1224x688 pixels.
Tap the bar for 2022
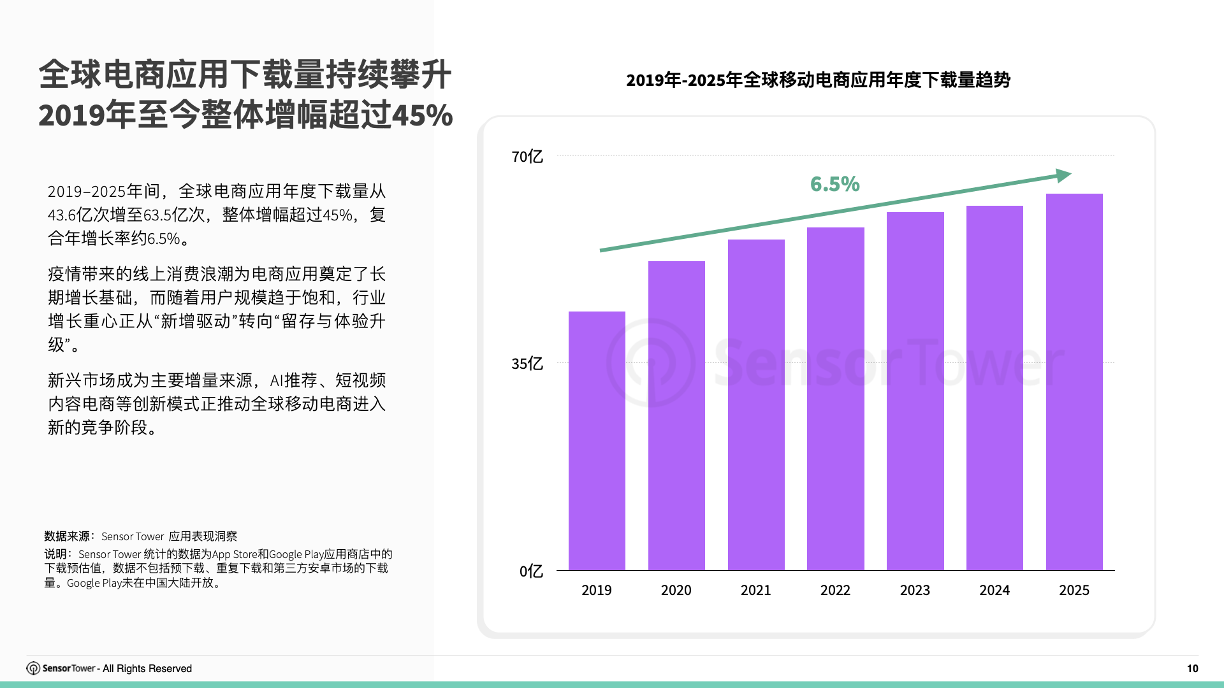(x=835, y=399)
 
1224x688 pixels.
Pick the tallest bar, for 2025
(x=1074, y=382)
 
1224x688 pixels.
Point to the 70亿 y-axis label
(x=527, y=157)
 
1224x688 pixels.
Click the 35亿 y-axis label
(x=527, y=364)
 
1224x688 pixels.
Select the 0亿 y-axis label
(x=530, y=571)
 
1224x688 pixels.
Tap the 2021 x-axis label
(x=755, y=591)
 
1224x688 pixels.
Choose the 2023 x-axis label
(x=915, y=591)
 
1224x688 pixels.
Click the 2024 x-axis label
(x=994, y=591)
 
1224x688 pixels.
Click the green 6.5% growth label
(x=834, y=184)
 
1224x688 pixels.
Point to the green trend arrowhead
(x=1063, y=175)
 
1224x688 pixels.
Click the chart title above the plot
(x=818, y=80)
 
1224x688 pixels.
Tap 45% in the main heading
(x=422, y=116)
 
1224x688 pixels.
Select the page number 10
(x=1192, y=668)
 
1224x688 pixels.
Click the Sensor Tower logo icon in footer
(x=33, y=668)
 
